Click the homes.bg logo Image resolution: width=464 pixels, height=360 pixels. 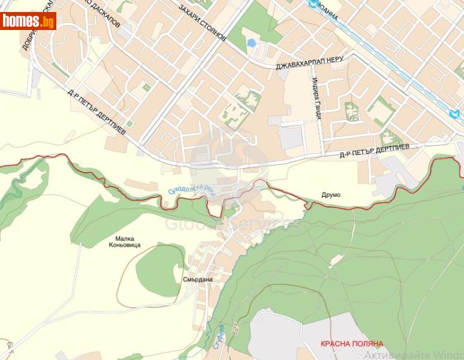tap(28, 21)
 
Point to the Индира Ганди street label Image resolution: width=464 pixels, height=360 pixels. tap(317, 99)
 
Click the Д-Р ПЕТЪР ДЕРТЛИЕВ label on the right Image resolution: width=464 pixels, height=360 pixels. tap(374, 150)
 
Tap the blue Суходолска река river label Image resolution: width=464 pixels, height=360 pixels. tap(191, 190)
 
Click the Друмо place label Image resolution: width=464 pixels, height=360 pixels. tap(330, 195)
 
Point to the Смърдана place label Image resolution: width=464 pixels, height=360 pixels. tap(198, 279)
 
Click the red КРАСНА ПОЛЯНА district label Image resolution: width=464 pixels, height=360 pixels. tap(351, 344)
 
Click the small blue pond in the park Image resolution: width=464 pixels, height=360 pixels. tap(251, 43)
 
